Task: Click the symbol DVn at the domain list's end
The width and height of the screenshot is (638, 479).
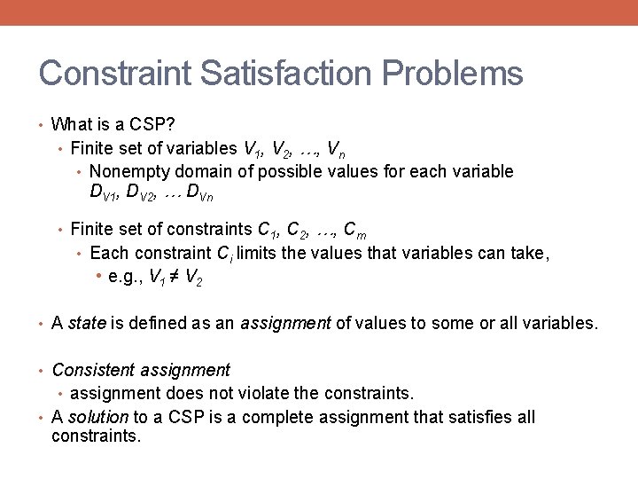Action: point(200,192)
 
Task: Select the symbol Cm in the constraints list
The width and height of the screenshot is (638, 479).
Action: point(355,232)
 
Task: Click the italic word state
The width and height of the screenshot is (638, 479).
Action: point(87,323)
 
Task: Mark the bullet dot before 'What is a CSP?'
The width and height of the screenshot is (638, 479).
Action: point(43,125)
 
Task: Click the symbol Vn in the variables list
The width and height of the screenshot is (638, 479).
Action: point(337,149)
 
